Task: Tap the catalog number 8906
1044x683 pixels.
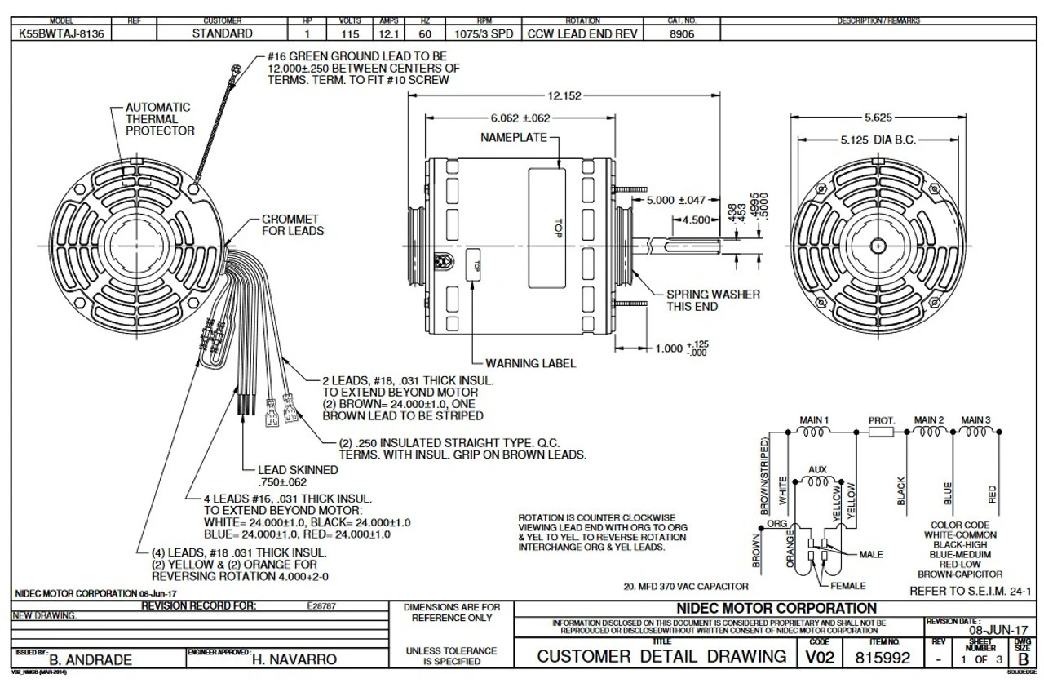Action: click(x=682, y=33)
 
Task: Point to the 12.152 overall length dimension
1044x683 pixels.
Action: click(x=564, y=96)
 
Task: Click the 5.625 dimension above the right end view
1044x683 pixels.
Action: click(x=878, y=117)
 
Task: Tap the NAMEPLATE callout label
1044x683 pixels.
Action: click(x=513, y=139)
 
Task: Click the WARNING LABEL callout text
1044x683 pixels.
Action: click(x=530, y=362)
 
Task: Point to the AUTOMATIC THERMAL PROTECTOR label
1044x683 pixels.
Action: click(x=158, y=119)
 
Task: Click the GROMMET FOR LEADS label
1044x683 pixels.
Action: click(x=292, y=225)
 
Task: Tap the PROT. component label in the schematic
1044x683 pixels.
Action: click(x=882, y=420)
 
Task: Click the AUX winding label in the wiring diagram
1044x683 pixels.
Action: click(x=816, y=470)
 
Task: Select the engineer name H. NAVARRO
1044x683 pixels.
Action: click(x=290, y=659)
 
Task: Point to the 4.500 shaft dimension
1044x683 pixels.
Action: click(x=696, y=220)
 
